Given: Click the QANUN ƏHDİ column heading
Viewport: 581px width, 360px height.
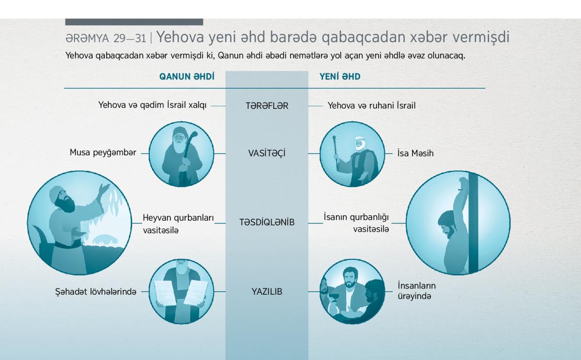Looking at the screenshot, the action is point(187,76).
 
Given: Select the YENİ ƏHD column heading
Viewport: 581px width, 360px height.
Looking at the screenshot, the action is point(340,76).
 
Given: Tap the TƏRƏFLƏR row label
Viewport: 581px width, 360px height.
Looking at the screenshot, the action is point(267,106).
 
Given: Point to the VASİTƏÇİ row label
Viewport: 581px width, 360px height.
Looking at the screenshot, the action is point(267,153).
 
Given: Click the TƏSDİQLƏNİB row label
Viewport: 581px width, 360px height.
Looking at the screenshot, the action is point(267,222).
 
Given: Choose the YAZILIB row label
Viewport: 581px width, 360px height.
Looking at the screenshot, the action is point(267,292).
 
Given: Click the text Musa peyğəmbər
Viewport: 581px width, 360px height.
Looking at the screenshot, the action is point(103,152).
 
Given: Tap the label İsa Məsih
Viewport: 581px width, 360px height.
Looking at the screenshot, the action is point(415,153).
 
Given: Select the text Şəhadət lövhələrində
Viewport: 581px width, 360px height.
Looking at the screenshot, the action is point(96,292).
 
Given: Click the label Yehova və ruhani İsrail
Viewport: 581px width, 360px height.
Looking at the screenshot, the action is point(372,105).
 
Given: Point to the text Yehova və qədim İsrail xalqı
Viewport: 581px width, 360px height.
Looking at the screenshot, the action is point(153,105).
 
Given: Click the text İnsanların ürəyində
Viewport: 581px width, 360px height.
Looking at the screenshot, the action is point(417,291).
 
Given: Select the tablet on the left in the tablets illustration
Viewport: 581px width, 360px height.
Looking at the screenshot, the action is point(165,293).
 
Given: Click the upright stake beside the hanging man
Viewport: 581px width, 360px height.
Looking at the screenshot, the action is point(474,223).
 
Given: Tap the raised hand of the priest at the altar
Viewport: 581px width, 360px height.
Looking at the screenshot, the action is point(105,188).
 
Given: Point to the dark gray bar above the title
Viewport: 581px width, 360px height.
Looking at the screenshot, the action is point(134,22).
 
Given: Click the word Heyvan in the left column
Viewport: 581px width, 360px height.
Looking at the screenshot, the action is point(157,218).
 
